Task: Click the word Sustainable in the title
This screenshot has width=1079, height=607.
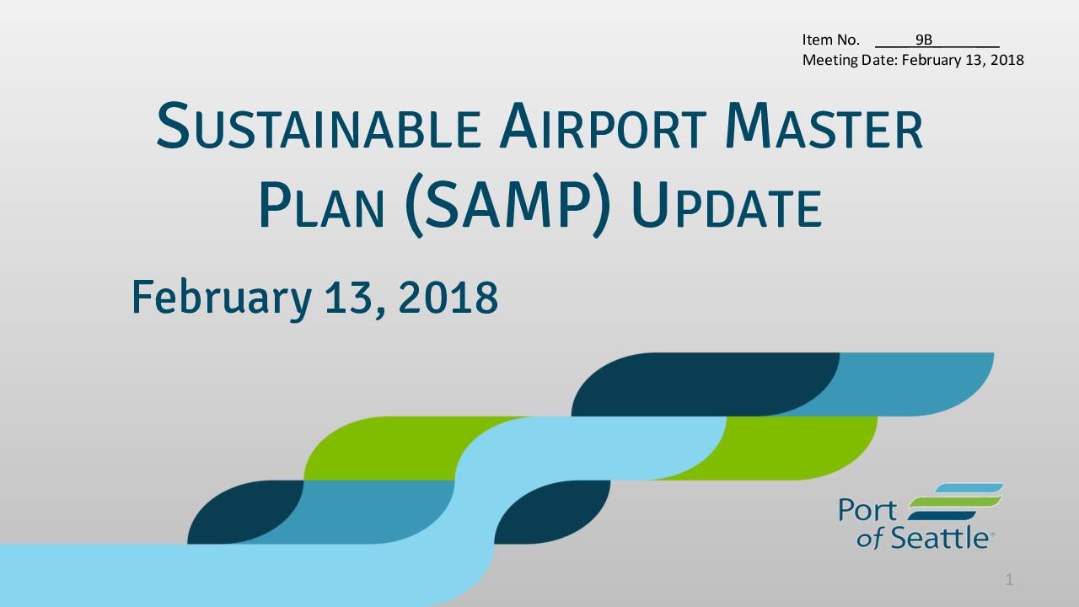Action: coord(319,126)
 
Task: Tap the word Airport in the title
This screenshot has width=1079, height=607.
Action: coord(603,126)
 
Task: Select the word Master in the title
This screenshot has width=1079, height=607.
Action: coord(824,126)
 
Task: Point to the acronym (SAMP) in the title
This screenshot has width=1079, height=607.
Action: coord(507,205)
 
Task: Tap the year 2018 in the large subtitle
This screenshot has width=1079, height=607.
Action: coord(448,298)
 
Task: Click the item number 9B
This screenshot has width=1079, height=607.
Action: coord(924,40)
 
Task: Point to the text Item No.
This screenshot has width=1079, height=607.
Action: coord(830,40)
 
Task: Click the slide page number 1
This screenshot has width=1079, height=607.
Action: coord(1009,579)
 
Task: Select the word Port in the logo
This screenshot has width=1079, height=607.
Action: coord(867,510)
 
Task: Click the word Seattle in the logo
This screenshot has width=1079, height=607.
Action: coord(939,538)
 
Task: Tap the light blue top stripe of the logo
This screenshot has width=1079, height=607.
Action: coord(969,488)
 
